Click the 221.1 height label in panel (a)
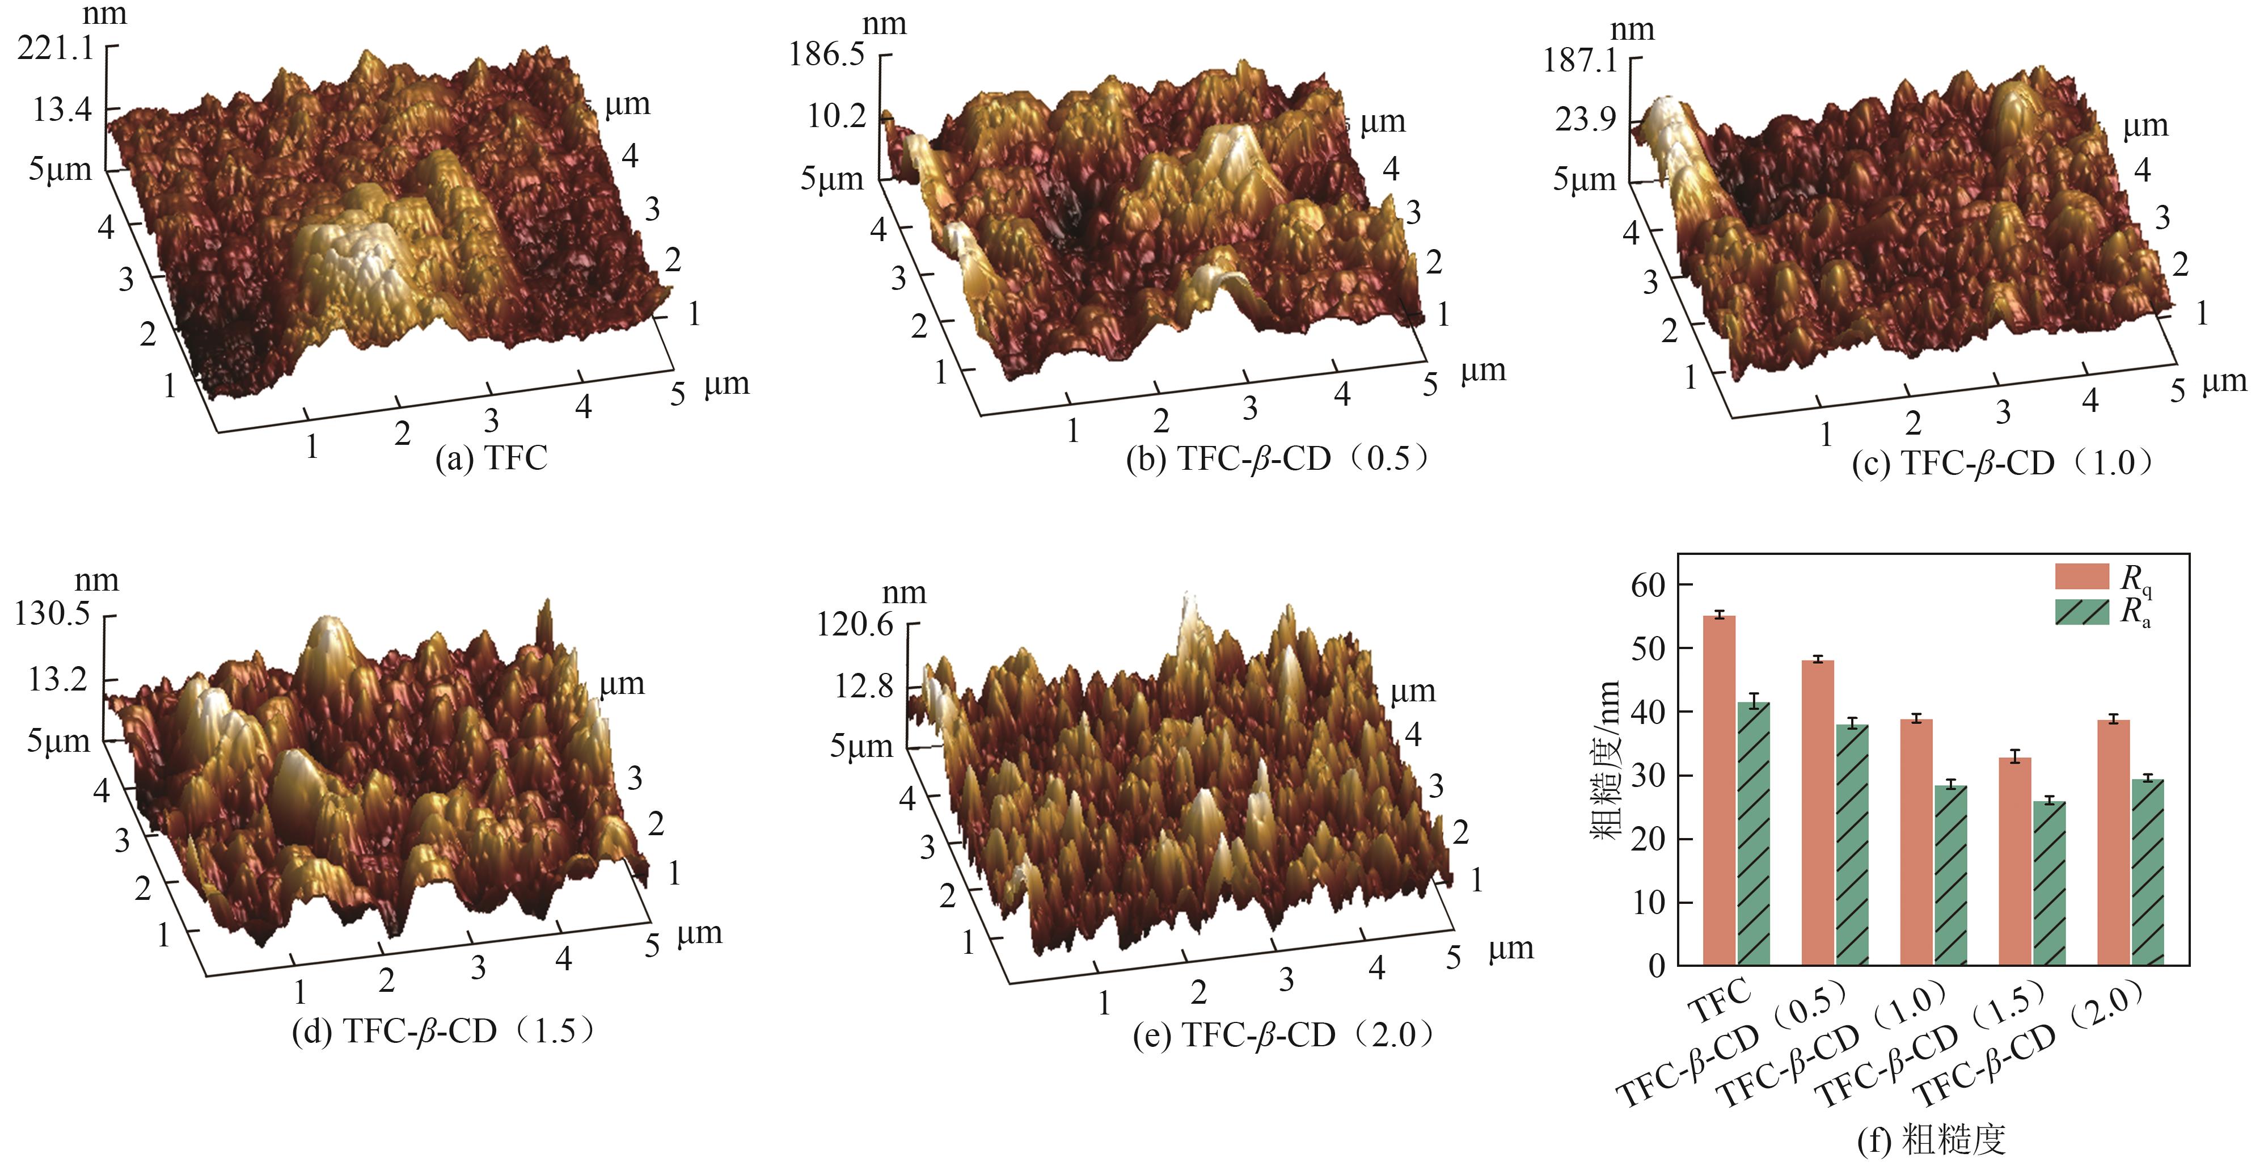(x=54, y=48)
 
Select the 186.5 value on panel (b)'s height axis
(x=826, y=56)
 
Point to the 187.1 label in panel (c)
(x=1579, y=61)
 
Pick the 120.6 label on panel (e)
(x=854, y=625)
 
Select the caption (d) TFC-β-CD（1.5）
(x=444, y=1030)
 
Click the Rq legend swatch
(x=2081, y=577)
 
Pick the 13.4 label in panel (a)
(x=61, y=111)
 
